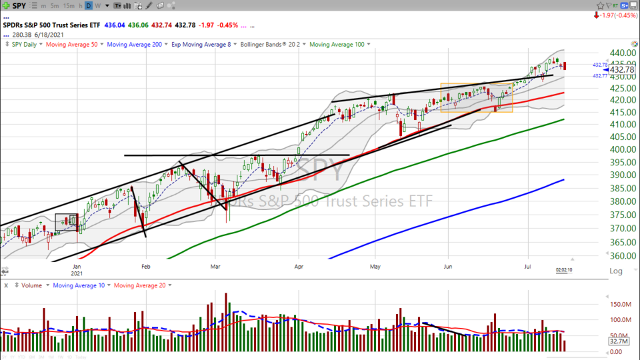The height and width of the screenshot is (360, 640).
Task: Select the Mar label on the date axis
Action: (215, 265)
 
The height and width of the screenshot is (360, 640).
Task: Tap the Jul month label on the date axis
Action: (528, 265)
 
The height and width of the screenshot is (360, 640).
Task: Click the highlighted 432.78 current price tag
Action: (621, 69)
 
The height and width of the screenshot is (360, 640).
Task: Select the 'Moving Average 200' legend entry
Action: (134, 45)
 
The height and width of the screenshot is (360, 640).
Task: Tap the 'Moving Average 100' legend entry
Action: (337, 45)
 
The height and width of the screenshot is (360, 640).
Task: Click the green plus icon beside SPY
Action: (5, 5)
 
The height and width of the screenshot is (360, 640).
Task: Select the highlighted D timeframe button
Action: (89, 5)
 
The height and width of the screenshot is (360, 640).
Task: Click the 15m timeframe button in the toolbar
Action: (69, 5)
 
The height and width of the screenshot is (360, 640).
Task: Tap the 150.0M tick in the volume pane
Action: (622, 304)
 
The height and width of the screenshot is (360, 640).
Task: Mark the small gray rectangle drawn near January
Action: (67, 223)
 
